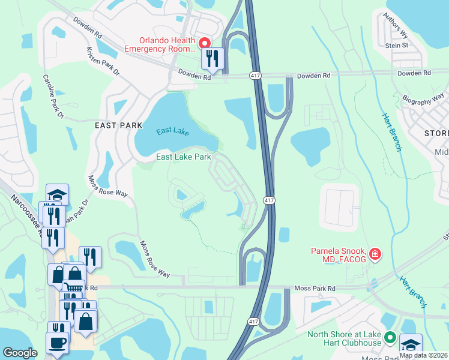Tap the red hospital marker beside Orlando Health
204,43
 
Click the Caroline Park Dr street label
53,96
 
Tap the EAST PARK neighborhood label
119,125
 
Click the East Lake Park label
184,157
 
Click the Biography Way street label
424,98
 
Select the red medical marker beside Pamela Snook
375,254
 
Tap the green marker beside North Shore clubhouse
390,338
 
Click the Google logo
20,352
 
